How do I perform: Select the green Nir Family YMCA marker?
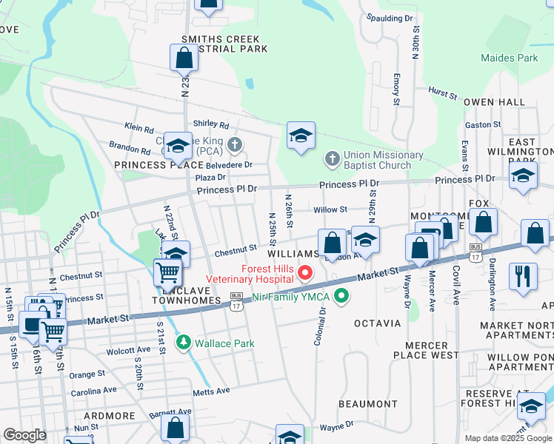coord(341,297)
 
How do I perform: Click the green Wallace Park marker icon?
coord(183,343)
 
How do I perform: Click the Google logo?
coord(24,435)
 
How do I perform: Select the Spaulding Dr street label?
coord(390,18)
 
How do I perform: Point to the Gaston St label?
coord(484,125)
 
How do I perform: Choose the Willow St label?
coord(330,209)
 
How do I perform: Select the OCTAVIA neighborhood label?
coord(377,323)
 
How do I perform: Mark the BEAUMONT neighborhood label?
coord(368,404)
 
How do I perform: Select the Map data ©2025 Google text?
coord(507,438)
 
